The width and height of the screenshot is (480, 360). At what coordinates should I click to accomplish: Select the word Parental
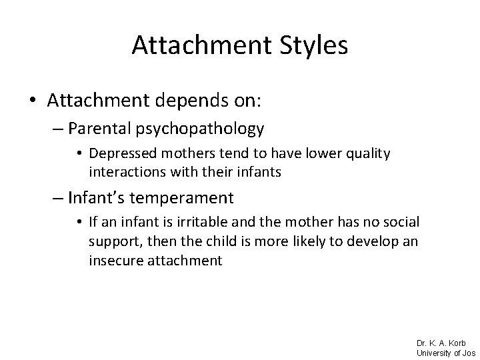pyautogui.click(x=111, y=129)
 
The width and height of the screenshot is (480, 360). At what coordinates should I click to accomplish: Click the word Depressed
pyautogui.click(x=118, y=154)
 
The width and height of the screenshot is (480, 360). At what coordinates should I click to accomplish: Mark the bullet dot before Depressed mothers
pyautogui.click(x=81, y=154)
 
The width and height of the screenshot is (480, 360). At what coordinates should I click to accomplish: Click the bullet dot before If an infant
pyautogui.click(x=81, y=222)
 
